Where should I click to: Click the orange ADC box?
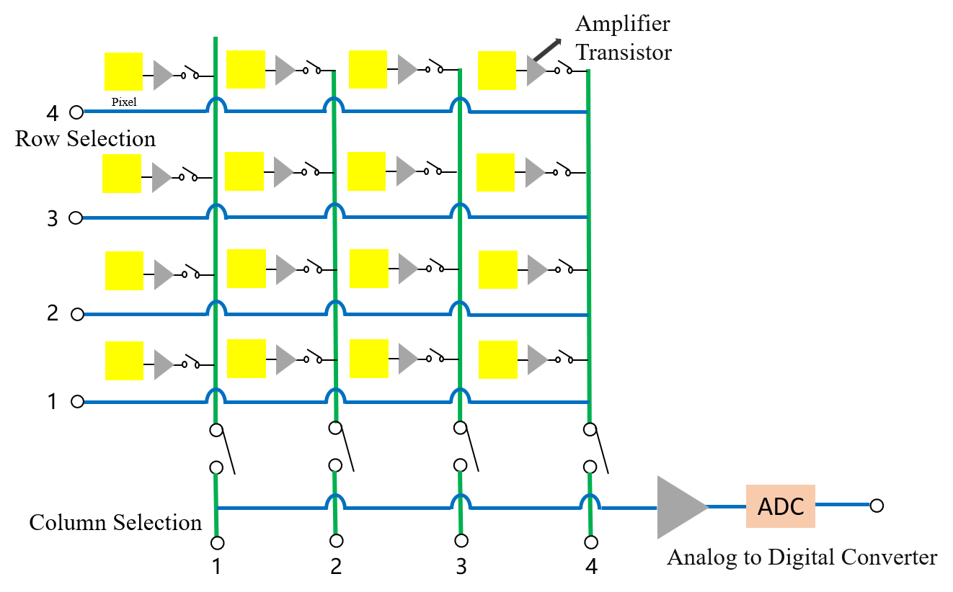[780, 506]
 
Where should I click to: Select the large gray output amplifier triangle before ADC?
[680, 507]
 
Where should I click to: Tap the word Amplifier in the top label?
[623, 24]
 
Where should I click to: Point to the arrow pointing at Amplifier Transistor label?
[546, 51]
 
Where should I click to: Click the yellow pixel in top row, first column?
[123, 71]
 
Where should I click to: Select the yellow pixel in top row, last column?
[497, 71]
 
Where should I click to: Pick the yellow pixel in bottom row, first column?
[124, 360]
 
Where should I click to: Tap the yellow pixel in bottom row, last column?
[498, 359]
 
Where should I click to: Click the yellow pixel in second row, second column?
[244, 171]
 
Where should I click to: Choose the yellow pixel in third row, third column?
[369, 269]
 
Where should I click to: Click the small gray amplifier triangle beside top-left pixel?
[162, 75]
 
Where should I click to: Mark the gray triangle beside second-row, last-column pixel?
[534, 172]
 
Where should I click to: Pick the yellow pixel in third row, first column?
[124, 270]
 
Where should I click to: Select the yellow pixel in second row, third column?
[366, 171]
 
